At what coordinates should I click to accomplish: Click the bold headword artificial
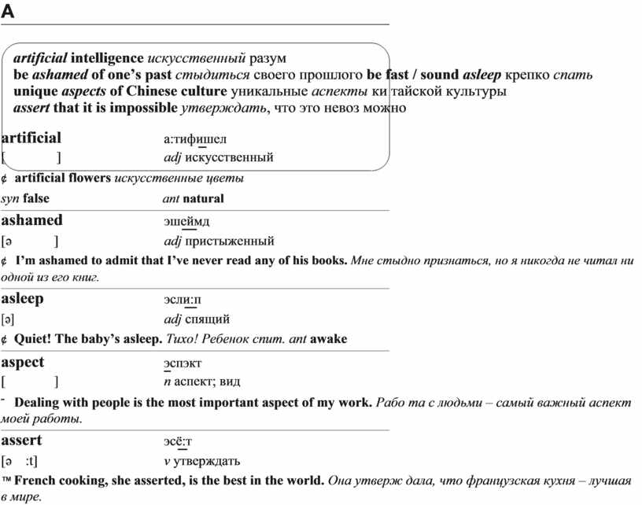[x=31, y=138]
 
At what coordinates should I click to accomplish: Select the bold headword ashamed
[x=32, y=220]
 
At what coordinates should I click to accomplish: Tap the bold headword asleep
[x=23, y=299]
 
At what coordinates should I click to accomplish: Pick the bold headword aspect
[x=23, y=362]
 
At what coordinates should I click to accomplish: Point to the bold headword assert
[x=22, y=440]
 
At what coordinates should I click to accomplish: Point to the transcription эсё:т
[x=178, y=441]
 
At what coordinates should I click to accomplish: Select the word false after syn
[x=36, y=198]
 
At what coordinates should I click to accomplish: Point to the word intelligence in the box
[x=107, y=58]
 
